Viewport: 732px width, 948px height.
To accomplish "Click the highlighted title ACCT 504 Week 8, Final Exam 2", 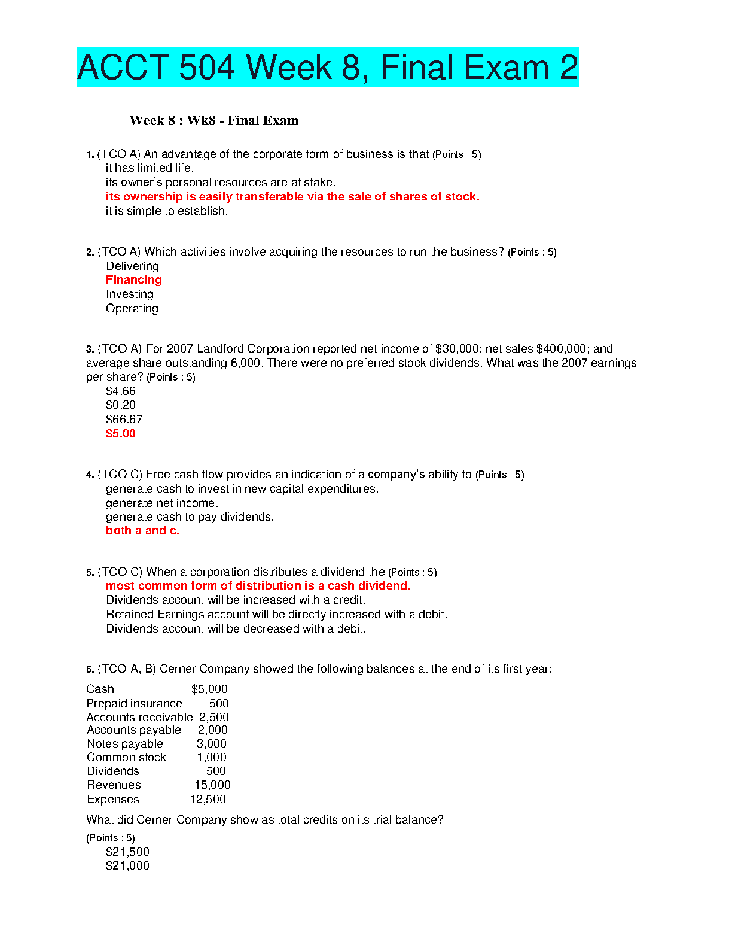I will click(x=327, y=67).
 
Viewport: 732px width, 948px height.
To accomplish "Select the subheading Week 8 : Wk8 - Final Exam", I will click(x=213, y=121).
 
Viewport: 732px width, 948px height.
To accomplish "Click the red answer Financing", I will click(x=133, y=280).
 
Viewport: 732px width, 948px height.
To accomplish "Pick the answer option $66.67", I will click(x=124, y=420).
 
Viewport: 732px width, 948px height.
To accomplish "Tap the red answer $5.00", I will click(x=120, y=434).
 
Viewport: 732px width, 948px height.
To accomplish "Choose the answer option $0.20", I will click(x=120, y=405).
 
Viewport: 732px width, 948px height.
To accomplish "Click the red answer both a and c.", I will click(x=142, y=531).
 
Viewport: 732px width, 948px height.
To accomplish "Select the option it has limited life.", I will click(x=150, y=168).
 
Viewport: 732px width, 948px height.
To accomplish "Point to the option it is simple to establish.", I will click(x=166, y=211).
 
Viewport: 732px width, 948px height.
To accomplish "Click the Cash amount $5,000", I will click(x=209, y=689).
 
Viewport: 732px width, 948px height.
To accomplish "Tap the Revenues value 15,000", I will click(x=212, y=785).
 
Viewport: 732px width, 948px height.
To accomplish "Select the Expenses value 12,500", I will click(x=208, y=800).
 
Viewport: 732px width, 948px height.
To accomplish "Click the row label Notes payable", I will click(x=124, y=744).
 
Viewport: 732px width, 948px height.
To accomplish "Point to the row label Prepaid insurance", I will click(x=134, y=704).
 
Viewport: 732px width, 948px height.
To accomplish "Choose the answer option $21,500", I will click(x=127, y=852).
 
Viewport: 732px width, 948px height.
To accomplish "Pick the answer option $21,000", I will click(x=127, y=866).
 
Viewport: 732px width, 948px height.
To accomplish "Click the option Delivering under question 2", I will click(x=132, y=266).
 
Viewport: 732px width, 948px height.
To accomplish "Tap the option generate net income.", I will click(x=161, y=503).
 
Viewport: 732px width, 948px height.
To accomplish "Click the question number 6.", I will click(x=89, y=670).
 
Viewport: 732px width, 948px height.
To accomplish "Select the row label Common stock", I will click(x=126, y=758).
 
